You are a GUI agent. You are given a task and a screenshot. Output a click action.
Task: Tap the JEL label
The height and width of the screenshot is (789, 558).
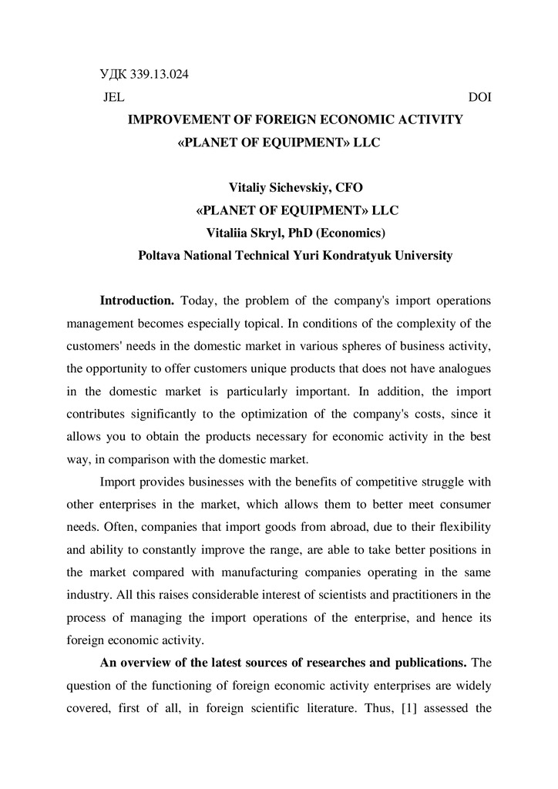[x=113, y=98]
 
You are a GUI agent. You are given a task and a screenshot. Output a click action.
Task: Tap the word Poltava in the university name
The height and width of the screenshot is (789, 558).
[x=160, y=255]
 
